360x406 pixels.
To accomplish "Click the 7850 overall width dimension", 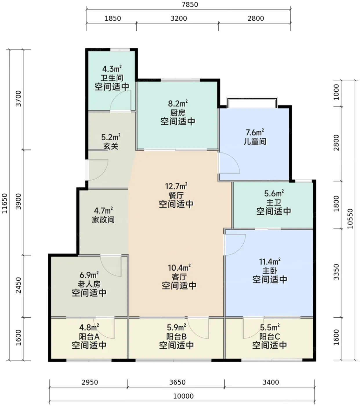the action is tap(190, 4).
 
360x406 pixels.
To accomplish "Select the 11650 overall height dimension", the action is tap(4, 203).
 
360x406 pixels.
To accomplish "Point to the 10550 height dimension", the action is tap(350, 219).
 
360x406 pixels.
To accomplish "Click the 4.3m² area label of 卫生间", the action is tap(112, 69).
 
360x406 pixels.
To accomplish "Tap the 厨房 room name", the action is tap(178, 113).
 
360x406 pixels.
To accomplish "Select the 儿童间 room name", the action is tap(255, 142).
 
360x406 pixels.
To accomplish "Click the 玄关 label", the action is tap(111, 146).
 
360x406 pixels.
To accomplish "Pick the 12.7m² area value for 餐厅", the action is tap(176, 186).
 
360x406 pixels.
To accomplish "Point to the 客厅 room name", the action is tap(179, 277).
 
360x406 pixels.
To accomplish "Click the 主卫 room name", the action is tap(274, 202).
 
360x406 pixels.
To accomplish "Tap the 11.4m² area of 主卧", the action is tap(270, 262).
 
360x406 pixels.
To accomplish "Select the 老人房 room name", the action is tap(89, 284).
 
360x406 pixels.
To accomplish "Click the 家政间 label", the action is tap(104, 220).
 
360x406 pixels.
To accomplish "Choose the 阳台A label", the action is tap(89, 336).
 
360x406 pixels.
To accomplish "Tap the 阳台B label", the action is tap(177, 336).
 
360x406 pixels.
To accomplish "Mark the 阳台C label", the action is tap(270, 336).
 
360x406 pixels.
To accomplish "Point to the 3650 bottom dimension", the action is tap(177, 382).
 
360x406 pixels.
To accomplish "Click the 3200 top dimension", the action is tap(179, 19).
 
